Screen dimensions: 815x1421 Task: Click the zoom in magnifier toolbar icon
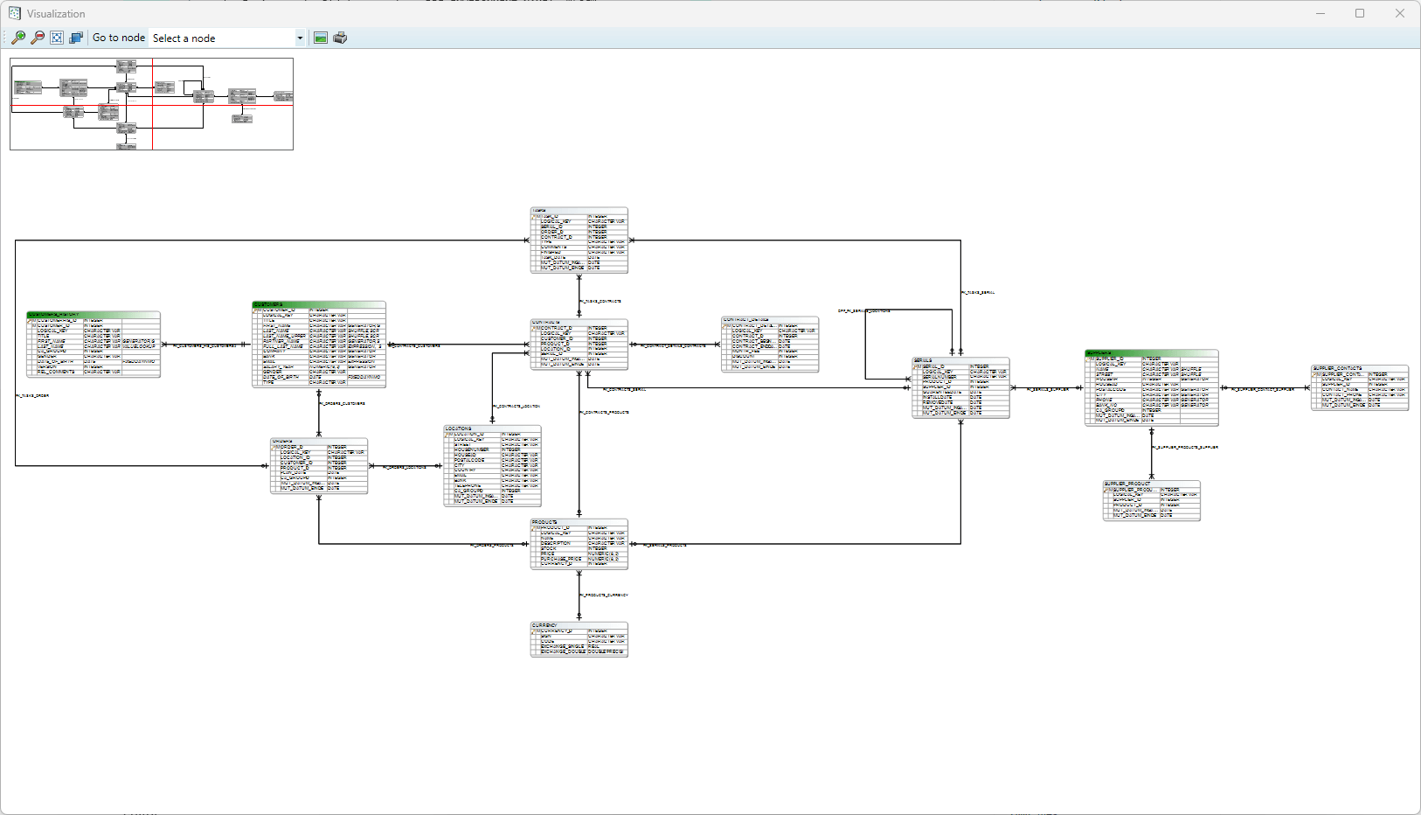(18, 38)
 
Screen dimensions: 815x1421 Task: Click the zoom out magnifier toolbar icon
(38, 38)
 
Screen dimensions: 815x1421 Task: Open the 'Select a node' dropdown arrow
(300, 38)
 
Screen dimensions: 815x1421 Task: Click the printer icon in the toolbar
(340, 38)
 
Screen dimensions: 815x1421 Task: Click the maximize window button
(1360, 13)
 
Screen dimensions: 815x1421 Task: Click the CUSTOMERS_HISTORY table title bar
(94, 315)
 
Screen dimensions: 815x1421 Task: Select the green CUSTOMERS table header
(319, 305)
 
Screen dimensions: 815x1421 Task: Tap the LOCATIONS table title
(492, 428)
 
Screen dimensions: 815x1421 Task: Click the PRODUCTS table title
(579, 522)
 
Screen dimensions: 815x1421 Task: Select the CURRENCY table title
(579, 625)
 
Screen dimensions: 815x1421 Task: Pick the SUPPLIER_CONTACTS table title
(1360, 368)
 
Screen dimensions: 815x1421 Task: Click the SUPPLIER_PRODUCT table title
(1151, 484)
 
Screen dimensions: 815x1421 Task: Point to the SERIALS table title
(960, 360)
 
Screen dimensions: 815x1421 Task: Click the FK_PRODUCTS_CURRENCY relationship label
(604, 595)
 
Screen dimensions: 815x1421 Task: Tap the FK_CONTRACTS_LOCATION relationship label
(516, 407)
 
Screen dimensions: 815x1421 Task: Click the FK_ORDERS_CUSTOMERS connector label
(343, 404)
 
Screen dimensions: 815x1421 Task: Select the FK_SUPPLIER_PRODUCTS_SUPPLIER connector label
(1185, 448)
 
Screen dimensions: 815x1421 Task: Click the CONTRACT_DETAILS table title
(769, 320)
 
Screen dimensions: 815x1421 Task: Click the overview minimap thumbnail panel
(151, 104)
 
